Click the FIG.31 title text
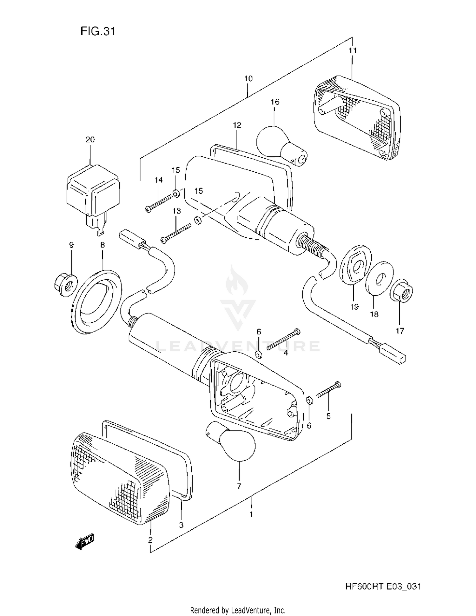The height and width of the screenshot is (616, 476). pos(97,31)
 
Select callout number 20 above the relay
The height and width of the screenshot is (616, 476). pos(90,140)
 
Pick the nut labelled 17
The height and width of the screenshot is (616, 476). pos(402,290)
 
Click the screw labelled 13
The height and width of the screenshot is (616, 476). pos(176,233)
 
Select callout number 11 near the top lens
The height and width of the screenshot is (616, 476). pos(353,50)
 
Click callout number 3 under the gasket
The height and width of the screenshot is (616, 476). pos(181,525)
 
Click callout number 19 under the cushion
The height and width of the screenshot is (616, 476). pos(354,307)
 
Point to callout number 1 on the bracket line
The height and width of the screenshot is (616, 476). pos(251,514)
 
